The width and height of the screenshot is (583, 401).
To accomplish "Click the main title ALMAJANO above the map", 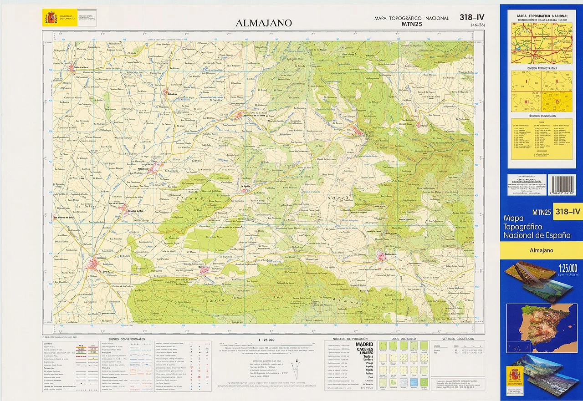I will (x=264, y=23).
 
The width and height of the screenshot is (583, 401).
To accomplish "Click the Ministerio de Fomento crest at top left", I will (x=50, y=18).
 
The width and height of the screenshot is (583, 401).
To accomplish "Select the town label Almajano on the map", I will (x=98, y=258).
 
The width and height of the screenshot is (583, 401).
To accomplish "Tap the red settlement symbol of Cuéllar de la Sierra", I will (x=72, y=69).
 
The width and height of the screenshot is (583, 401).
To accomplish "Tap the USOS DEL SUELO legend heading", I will (x=401, y=339).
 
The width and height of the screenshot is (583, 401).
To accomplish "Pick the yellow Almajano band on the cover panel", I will (x=541, y=250).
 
